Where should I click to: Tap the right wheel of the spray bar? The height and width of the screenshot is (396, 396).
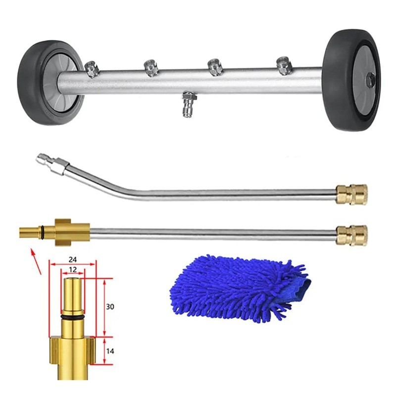click(352, 80)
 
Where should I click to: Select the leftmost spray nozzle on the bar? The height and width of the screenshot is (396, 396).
click(92, 69)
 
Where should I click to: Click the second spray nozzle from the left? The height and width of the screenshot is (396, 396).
click(151, 68)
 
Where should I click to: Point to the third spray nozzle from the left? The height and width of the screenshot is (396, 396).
click(215, 67)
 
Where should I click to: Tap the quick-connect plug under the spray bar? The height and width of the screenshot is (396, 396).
click(188, 104)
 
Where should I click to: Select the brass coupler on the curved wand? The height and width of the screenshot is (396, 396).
click(351, 194)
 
